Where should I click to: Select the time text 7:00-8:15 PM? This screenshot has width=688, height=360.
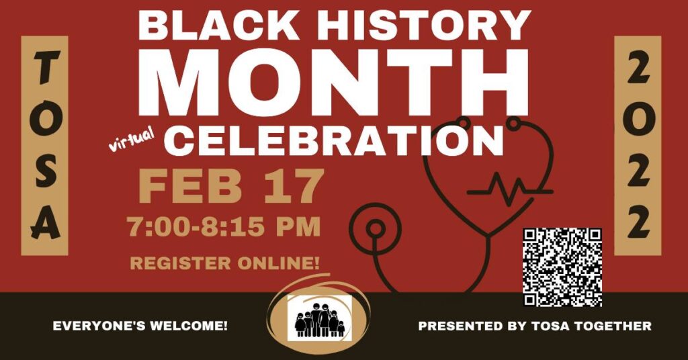pyautogui.click(x=224, y=228)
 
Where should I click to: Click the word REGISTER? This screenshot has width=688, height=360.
pyautogui.click(x=180, y=263)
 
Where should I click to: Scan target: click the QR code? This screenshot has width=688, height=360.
pyautogui.click(x=562, y=267)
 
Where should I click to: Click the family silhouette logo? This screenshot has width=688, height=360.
pyautogui.click(x=320, y=318)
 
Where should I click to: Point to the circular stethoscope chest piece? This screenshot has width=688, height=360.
pyautogui.click(x=375, y=228)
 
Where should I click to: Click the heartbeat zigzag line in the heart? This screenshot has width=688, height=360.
pyautogui.click(x=510, y=189)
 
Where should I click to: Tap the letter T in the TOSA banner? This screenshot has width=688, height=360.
pyautogui.click(x=45, y=68)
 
